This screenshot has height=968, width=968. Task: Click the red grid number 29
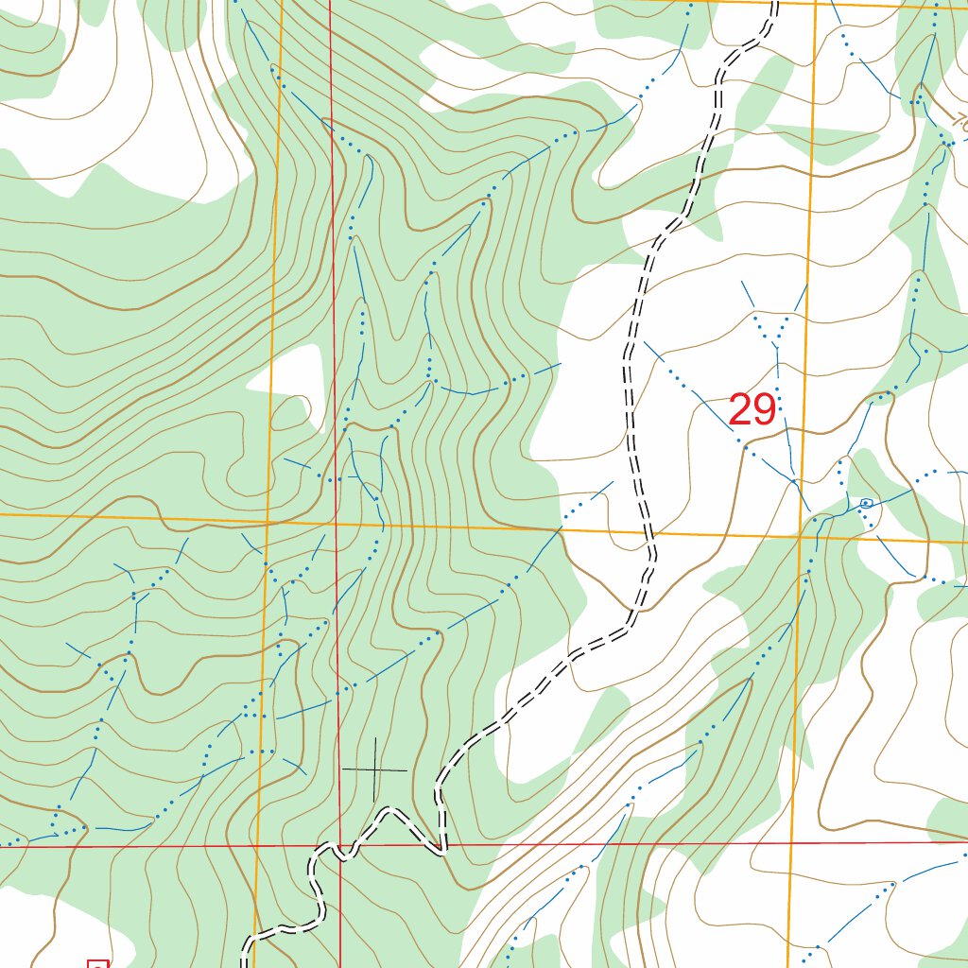pyautogui.click(x=752, y=410)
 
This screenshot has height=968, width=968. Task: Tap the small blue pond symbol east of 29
pyautogui.click(x=865, y=503)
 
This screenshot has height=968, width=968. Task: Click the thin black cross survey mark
pyautogui.click(x=375, y=770)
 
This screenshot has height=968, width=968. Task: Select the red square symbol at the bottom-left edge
pyautogui.click(x=97, y=963)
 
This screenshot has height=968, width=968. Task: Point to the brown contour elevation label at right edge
pyautogui.click(x=959, y=123)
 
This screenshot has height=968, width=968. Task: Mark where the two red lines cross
pyautogui.click(x=338, y=845)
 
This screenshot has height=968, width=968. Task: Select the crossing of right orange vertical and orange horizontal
pyautogui.click(x=800, y=536)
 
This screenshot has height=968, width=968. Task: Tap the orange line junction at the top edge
pyautogui.click(x=815, y=4)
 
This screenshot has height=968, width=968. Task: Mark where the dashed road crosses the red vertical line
pyautogui.click(x=337, y=844)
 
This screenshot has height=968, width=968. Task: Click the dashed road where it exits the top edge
pyautogui.click(x=774, y=4)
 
